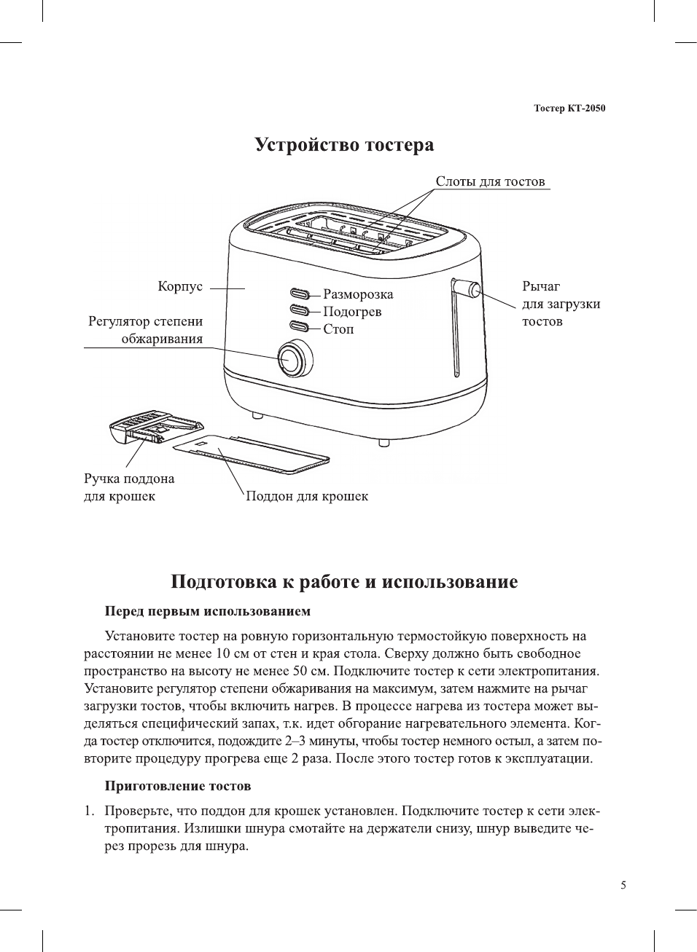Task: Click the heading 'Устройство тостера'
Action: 344,145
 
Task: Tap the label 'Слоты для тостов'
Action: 490,181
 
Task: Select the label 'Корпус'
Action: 180,286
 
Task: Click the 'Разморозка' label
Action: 358,294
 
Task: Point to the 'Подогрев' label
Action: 352,312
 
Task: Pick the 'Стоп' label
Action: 338,329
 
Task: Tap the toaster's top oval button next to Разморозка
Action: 300,294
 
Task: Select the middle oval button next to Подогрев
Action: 300,310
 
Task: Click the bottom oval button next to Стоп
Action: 300,326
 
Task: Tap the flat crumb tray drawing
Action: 252,454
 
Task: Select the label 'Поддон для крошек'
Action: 307,496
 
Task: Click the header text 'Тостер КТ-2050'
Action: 569,109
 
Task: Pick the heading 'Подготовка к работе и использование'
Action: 344,582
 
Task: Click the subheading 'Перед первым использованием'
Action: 208,610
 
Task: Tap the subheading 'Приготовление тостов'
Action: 178,786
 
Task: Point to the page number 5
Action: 623,885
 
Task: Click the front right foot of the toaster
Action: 384,441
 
